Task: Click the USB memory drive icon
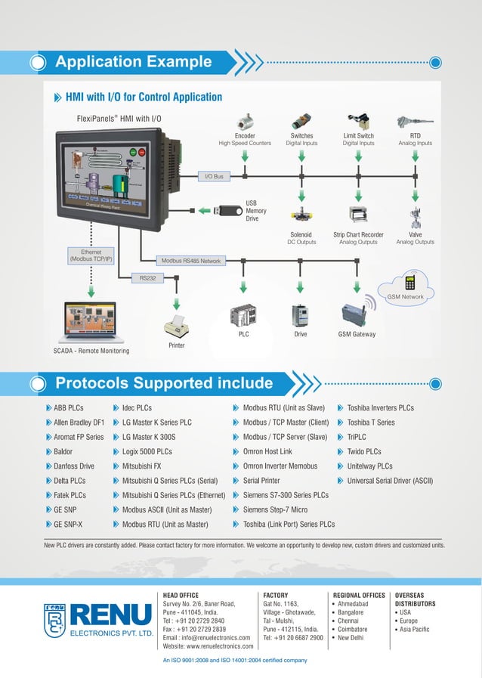tap(227, 211)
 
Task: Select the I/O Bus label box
tap(214, 176)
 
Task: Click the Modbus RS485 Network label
tap(190, 261)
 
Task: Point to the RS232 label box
tap(147, 278)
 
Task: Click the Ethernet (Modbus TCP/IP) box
tap(91, 255)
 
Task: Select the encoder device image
tap(245, 123)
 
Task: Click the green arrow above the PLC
tap(243, 287)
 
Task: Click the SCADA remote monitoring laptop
tap(91, 323)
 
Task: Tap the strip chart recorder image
tap(358, 215)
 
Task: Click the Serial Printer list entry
tap(261, 481)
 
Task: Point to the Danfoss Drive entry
tap(73, 466)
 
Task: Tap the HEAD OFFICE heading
tap(181, 596)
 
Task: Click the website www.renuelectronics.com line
tap(208, 646)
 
